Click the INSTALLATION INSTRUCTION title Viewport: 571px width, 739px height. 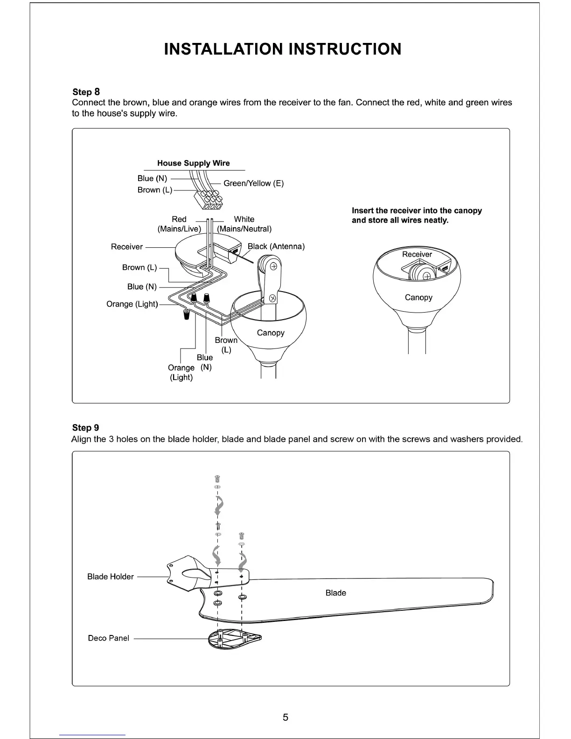pos(282,49)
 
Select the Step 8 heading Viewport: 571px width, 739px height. pos(86,91)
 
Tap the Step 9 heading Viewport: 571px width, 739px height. pos(85,427)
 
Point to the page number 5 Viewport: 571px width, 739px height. pos(285,717)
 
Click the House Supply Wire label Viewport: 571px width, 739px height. pos(193,163)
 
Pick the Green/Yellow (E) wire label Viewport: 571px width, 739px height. pos(253,183)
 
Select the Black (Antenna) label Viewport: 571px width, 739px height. pos(276,246)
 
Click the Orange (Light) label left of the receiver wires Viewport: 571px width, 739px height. pos(132,304)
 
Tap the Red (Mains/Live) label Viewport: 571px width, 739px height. pos(179,224)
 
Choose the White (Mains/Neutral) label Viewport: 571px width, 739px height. pos(244,224)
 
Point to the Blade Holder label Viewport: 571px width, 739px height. pos(111,577)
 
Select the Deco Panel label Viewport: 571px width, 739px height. pos(108,638)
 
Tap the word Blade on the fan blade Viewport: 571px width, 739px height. pos(335,593)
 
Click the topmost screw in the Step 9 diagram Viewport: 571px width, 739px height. pos(217,479)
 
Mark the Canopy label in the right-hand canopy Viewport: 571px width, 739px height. pos(418,298)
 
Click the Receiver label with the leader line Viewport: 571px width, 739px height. pos(127,247)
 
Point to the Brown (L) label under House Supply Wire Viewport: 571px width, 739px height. pos(154,190)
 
